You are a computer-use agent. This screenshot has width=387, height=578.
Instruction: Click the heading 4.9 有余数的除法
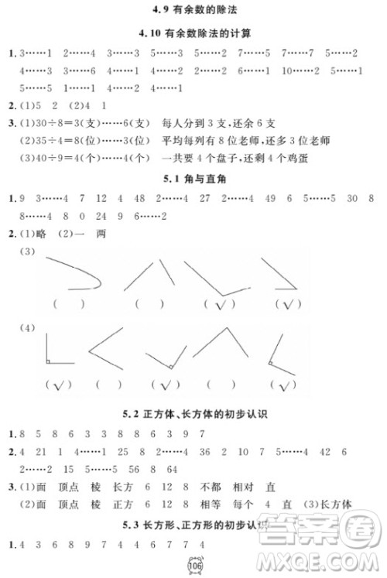click(x=193, y=10)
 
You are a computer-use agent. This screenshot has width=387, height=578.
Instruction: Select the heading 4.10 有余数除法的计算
click(x=193, y=32)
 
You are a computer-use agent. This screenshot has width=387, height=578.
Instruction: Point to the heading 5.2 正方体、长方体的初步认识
click(x=193, y=414)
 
